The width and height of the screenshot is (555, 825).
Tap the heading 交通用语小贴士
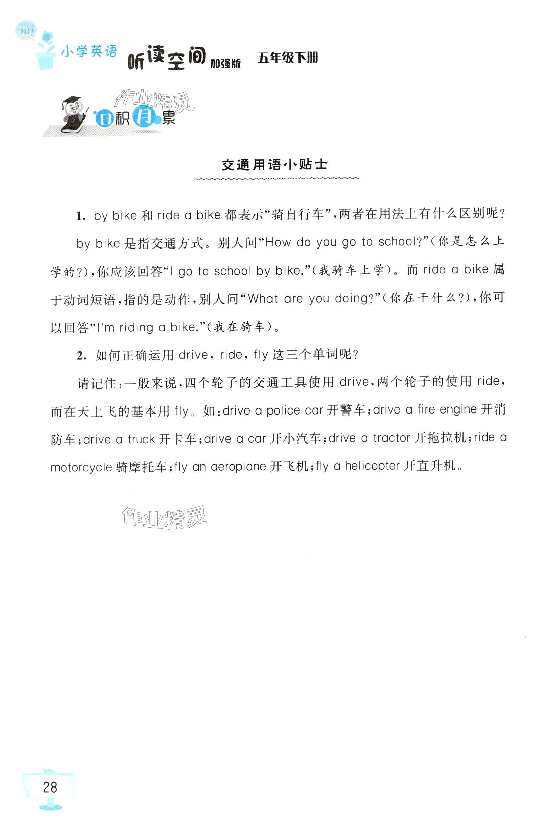coord(274,165)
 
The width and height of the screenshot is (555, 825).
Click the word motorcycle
coord(81,468)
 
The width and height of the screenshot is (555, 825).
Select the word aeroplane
coord(238,467)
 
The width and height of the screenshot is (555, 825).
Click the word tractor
coord(391,438)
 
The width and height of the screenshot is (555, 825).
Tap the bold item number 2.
coord(82,355)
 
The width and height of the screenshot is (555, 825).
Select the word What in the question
coord(263,299)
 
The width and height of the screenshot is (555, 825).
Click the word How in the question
coord(278,242)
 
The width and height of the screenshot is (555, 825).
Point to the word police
coord(283,410)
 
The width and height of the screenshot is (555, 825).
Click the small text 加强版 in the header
coord(225,64)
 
